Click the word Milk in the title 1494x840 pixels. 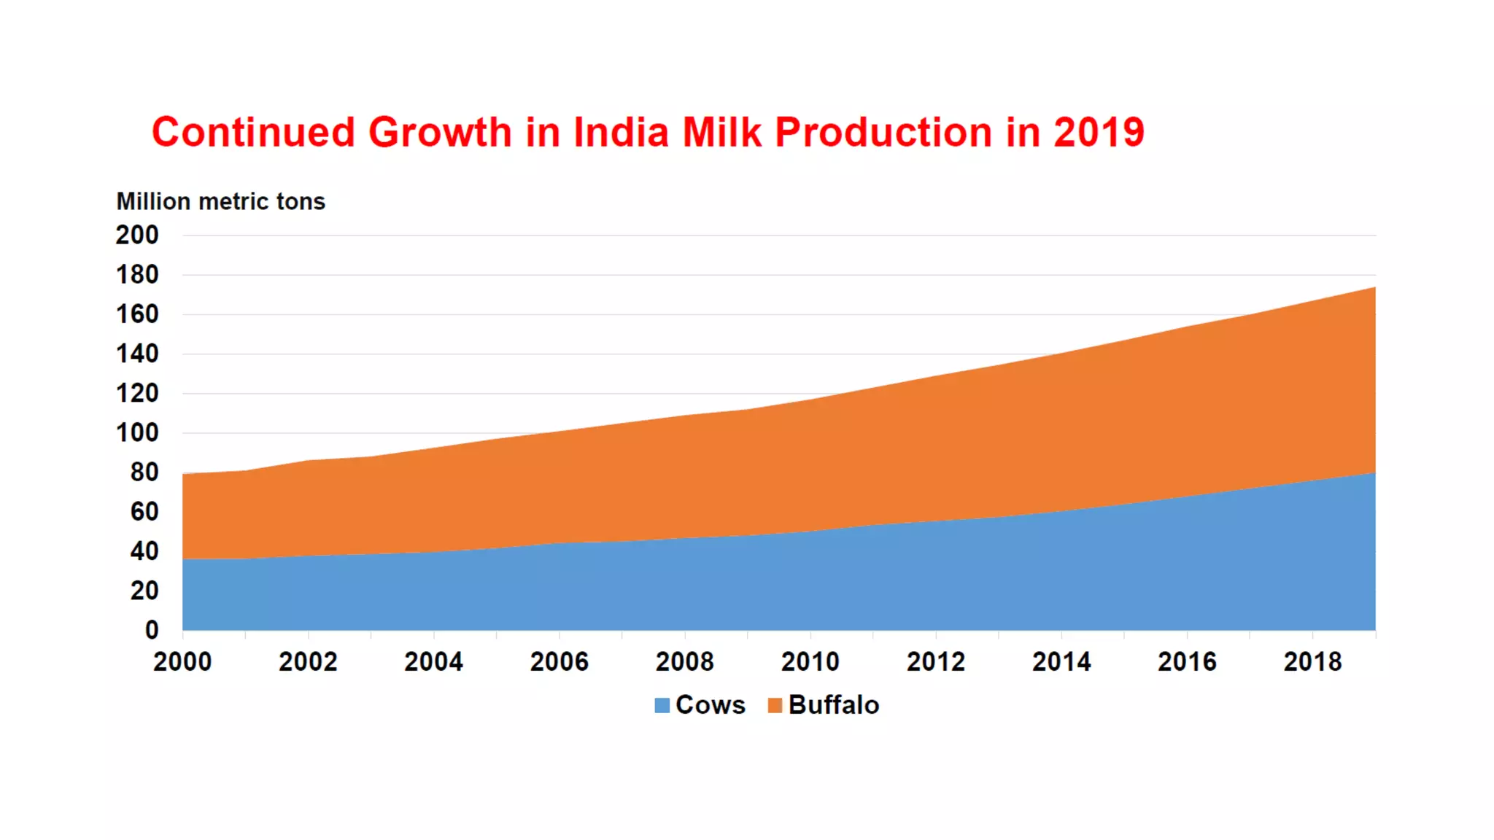tap(722, 133)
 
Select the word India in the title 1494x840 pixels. tap(621, 133)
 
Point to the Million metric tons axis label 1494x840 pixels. tap(220, 201)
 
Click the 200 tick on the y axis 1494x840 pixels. tap(137, 235)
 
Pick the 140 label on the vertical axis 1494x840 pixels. tap(137, 354)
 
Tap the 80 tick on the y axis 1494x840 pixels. tap(144, 472)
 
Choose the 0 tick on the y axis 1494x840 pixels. tap(152, 629)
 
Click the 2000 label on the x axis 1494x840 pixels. tap(182, 661)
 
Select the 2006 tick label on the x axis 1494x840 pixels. tap(559, 661)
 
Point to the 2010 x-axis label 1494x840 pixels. tap(810, 661)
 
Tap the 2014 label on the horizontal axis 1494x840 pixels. tap(1061, 661)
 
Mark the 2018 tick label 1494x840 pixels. tap(1312, 661)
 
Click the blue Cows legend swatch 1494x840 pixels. tap(662, 705)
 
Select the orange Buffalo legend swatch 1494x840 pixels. tap(775, 705)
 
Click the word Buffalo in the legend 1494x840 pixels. tap(834, 705)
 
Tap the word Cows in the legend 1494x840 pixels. tap(711, 705)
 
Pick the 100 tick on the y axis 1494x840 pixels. tap(137, 432)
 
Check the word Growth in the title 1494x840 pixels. tap(440, 133)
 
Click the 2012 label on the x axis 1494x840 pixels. tap(936, 661)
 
